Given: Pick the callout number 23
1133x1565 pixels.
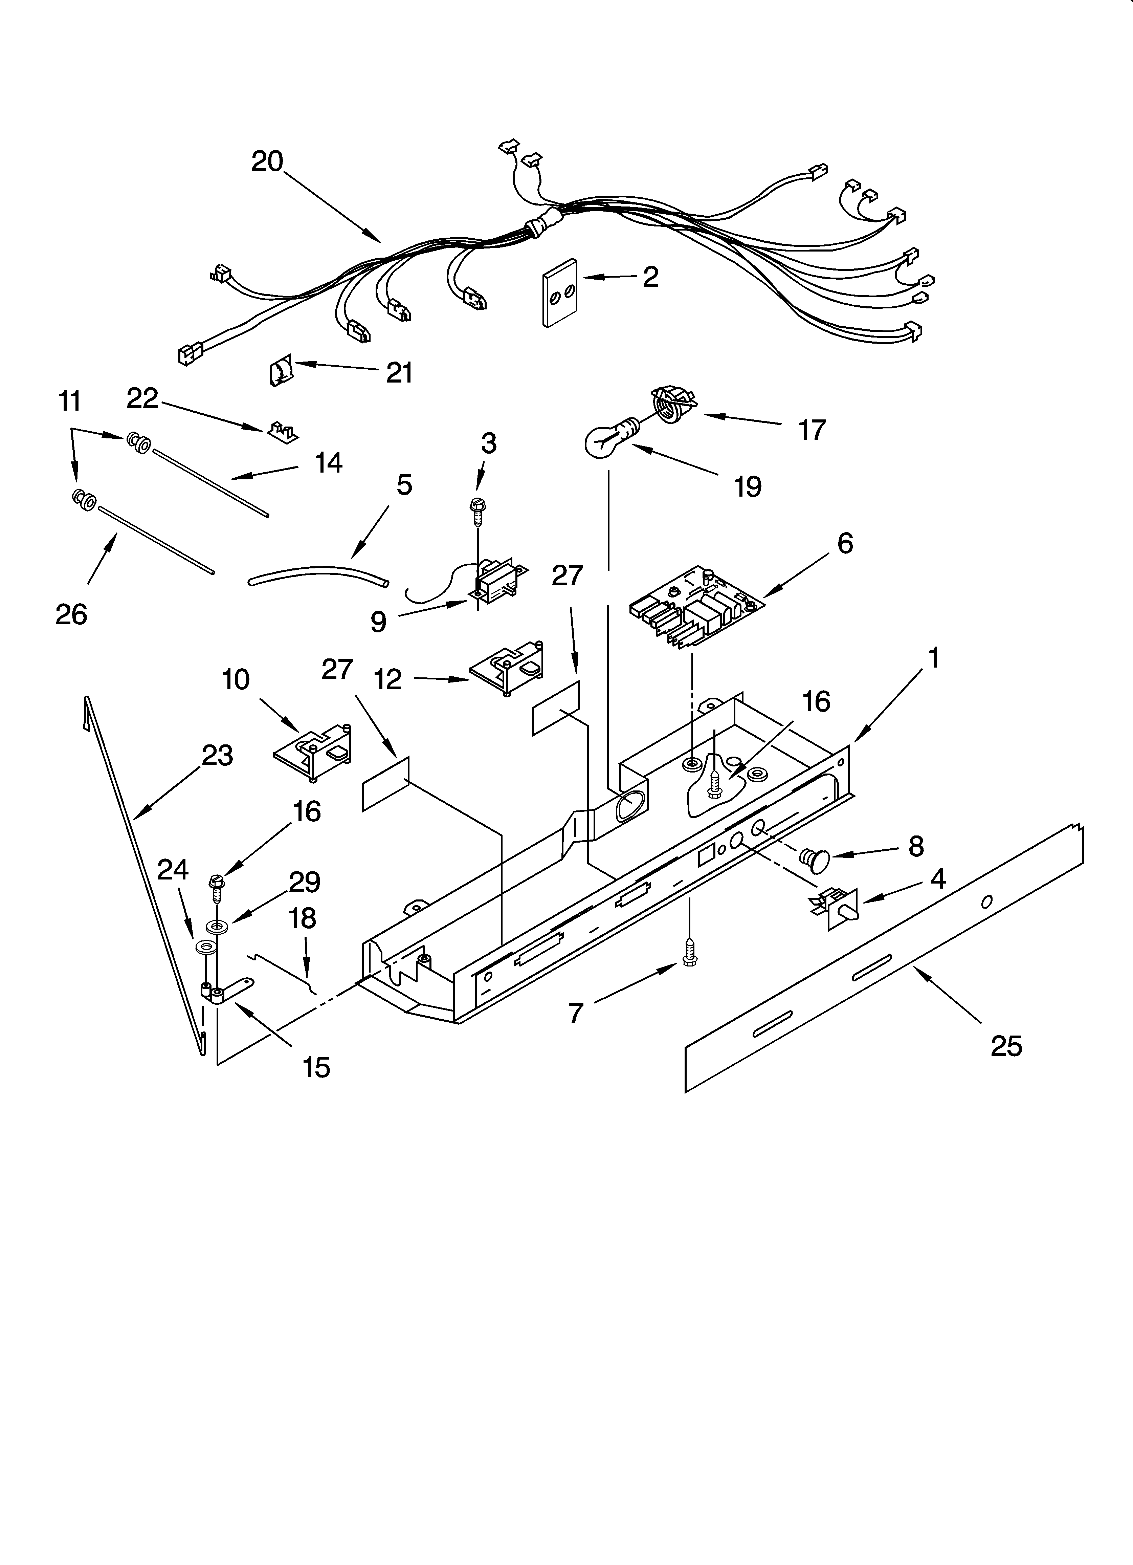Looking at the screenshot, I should click(x=217, y=756).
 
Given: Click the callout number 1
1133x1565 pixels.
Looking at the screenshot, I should click(x=933, y=659).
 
